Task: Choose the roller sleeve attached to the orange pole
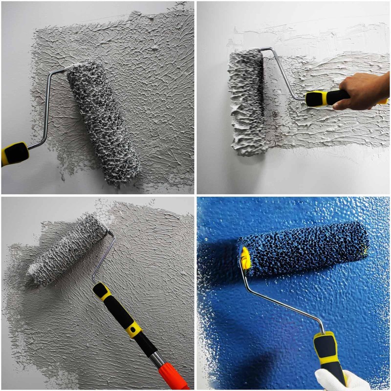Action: point(66,249)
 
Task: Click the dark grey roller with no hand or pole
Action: point(103,122)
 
